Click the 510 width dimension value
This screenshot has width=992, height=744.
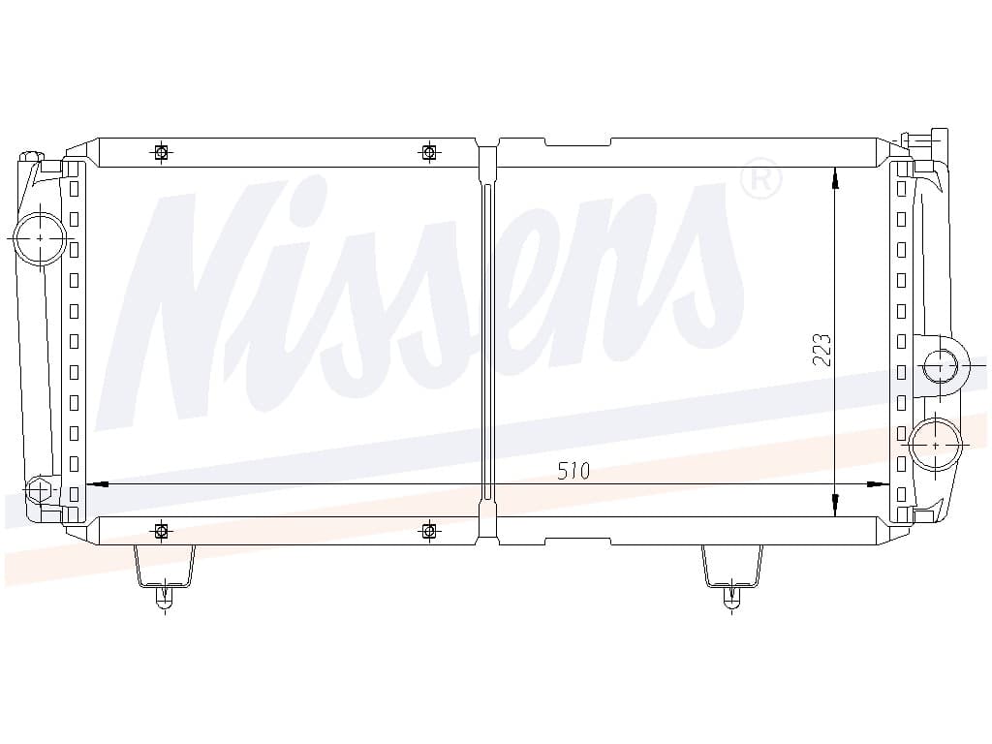coord(573,471)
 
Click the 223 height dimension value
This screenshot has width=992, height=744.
coord(821,350)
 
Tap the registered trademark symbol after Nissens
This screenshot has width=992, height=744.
coord(761,178)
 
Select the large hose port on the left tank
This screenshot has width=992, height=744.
coord(41,238)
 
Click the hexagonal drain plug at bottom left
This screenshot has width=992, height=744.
coord(39,489)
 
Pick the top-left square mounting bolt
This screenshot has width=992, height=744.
coord(162,152)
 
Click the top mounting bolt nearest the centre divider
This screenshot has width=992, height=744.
coord(429,152)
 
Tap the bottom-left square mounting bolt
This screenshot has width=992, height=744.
coord(162,530)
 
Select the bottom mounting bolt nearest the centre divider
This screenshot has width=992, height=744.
coord(429,530)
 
